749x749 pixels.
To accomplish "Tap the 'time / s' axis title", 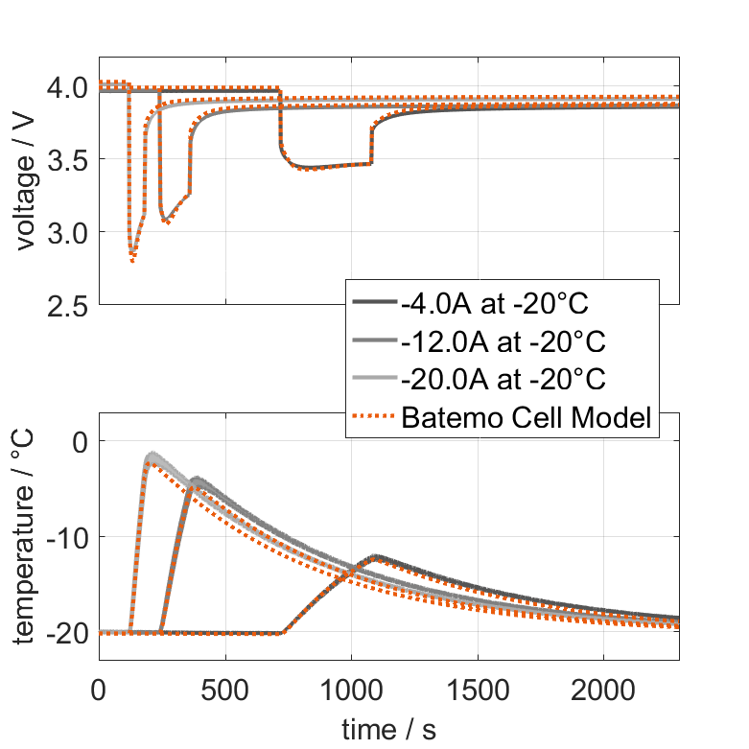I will [x=388, y=730].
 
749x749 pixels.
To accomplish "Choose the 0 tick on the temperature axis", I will [x=81, y=442].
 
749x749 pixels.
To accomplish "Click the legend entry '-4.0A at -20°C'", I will [x=495, y=304].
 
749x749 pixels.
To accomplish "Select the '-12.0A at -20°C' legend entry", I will [x=503, y=341].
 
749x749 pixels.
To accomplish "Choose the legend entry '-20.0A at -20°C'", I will [x=503, y=379].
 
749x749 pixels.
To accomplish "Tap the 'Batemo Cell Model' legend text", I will [x=528, y=417].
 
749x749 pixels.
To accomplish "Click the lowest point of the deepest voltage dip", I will [x=132, y=259].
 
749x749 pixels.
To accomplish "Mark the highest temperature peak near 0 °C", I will [x=152, y=455].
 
